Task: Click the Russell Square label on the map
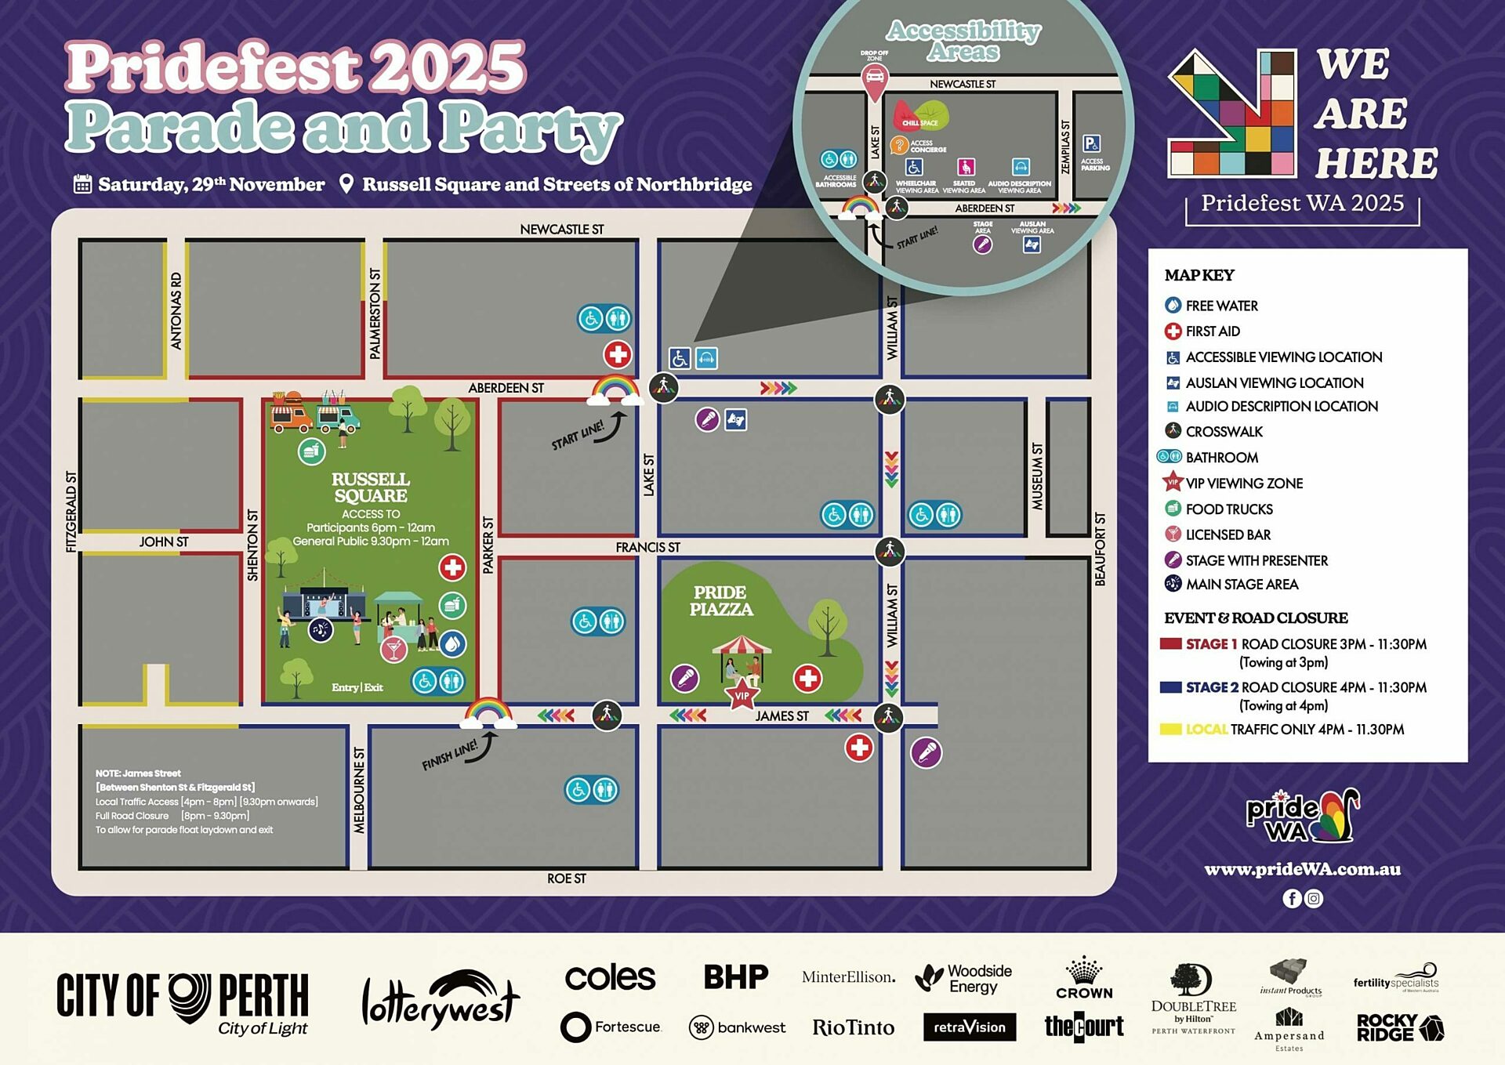click(x=370, y=487)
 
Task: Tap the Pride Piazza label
click(x=720, y=601)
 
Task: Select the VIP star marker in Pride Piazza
click(x=742, y=695)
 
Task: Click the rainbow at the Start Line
click(x=615, y=389)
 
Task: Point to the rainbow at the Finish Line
click(x=488, y=713)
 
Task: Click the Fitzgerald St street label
click(x=71, y=512)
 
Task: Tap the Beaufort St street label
click(x=1101, y=549)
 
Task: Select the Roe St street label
click(x=566, y=878)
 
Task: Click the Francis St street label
click(x=647, y=547)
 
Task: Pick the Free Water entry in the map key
click(x=1221, y=306)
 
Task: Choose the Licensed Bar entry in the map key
click(x=1228, y=534)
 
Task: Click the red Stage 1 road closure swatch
click(x=1170, y=643)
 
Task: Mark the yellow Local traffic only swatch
click(x=1170, y=729)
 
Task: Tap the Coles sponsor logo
click(x=610, y=977)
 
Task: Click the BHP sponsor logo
click(x=735, y=977)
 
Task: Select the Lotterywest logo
click(x=440, y=999)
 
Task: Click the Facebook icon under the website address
click(x=1291, y=898)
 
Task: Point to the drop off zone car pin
click(x=874, y=78)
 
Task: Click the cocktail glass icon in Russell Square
click(x=393, y=649)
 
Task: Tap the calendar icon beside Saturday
click(x=82, y=184)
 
